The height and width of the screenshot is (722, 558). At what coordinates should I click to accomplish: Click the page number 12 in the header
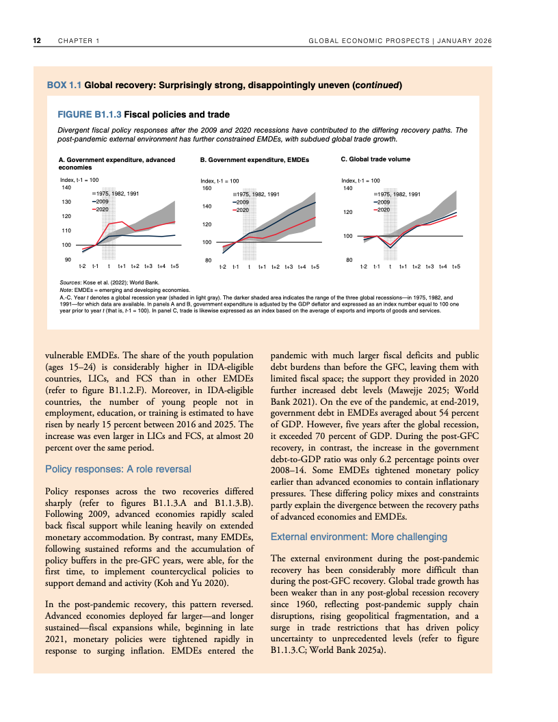38,41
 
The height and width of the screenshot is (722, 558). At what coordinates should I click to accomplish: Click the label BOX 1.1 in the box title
64,85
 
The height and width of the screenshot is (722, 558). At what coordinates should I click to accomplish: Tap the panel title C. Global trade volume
375,159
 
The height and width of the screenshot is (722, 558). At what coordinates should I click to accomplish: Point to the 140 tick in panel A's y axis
66,187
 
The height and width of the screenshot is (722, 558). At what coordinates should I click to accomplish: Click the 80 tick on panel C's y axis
348,260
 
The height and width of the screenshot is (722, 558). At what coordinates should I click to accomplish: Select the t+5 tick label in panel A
174,265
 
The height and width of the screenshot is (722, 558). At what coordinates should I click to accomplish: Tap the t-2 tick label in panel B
222,266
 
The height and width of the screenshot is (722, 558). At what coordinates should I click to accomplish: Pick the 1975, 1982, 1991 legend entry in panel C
399,195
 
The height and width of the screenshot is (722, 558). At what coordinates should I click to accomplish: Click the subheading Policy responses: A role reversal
118,469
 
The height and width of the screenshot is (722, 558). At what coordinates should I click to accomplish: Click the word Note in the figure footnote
66,290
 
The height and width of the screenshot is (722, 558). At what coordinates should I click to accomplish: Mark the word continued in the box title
375,85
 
